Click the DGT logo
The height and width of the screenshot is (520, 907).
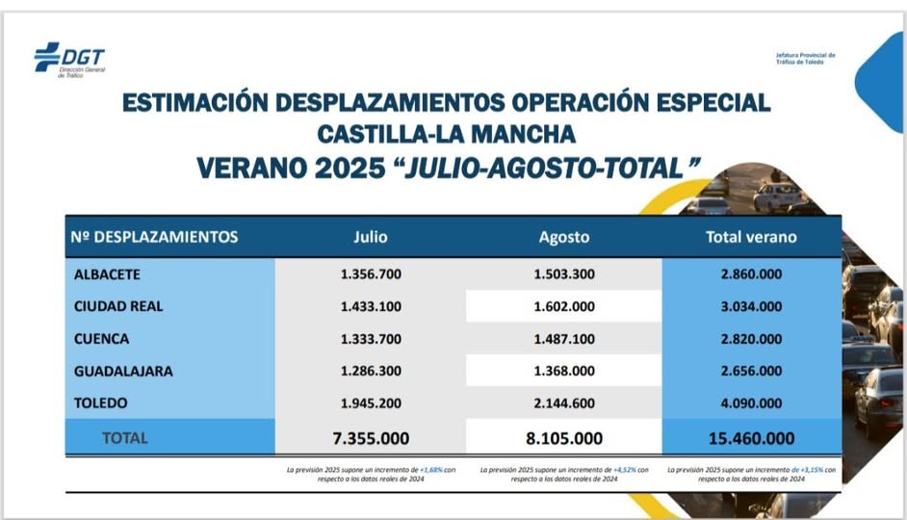69,59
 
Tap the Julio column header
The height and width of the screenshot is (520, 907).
371,237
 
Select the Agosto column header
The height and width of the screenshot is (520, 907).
564,237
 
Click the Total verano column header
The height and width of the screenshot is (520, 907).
751,237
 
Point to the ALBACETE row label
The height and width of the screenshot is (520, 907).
107,274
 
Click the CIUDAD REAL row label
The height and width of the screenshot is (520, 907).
118,306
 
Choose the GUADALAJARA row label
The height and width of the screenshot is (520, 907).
123,371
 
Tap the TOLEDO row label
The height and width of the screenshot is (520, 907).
100,403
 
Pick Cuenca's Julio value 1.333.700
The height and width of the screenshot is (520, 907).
371,339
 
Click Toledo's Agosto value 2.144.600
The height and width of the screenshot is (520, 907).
564,403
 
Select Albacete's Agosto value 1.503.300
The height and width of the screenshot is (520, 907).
564,274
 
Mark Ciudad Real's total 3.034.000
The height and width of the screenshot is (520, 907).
751,306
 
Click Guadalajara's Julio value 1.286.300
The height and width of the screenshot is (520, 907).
371,371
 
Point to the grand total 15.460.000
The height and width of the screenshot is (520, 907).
751,438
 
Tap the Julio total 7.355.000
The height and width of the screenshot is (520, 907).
371,438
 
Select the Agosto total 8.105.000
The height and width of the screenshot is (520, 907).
564,438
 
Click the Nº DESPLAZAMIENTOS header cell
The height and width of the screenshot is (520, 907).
154,237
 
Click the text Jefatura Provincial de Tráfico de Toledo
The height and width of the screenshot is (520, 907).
805,59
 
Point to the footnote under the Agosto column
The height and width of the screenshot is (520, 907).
564,474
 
